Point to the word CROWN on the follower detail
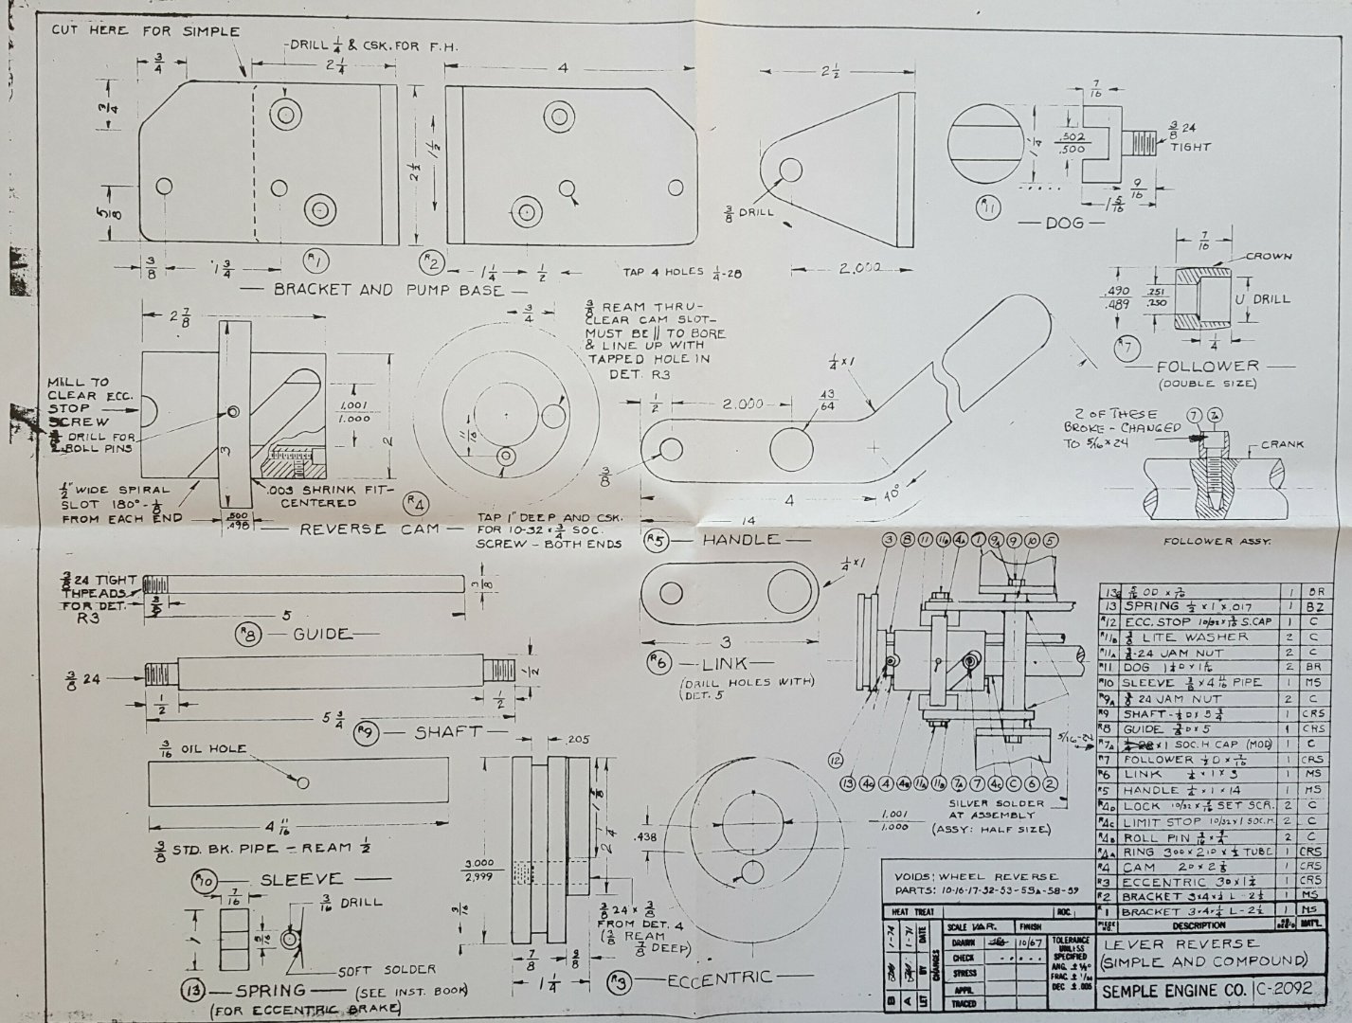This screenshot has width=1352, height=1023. pyautogui.click(x=1269, y=257)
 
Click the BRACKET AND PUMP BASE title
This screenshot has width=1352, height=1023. pyautogui.click(x=388, y=290)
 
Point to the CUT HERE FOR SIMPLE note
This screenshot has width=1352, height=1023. pyautogui.click(x=144, y=31)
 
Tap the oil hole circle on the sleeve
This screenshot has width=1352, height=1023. pyautogui.click(x=302, y=783)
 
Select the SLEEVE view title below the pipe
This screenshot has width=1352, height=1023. pyautogui.click(x=300, y=879)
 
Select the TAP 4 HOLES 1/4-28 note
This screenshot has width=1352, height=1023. pyautogui.click(x=682, y=272)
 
